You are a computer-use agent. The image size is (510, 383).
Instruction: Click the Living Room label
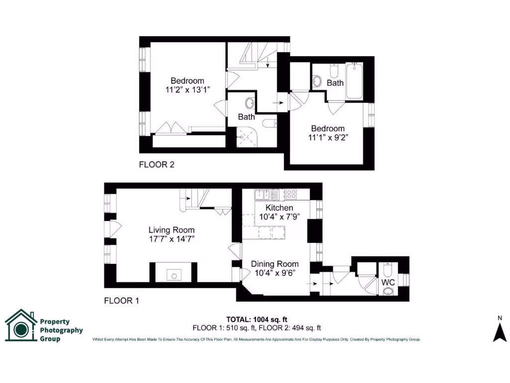coord(171,230)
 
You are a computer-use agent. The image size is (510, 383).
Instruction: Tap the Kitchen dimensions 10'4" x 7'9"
coord(279,217)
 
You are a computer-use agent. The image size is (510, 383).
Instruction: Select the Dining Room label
coord(274,264)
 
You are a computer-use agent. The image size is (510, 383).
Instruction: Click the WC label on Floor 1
coord(388,282)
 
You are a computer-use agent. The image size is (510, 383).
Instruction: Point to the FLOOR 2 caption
coord(156,164)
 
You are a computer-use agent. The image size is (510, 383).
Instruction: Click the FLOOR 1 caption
coord(121,301)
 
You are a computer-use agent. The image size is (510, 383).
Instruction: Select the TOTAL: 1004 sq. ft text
coord(257,319)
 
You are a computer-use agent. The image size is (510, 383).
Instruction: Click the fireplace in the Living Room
coord(173,273)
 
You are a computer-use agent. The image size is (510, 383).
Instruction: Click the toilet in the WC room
coord(388,270)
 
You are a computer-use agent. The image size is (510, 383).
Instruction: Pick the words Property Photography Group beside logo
coord(61,330)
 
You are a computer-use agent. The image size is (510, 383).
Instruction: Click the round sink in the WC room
coord(388,293)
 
